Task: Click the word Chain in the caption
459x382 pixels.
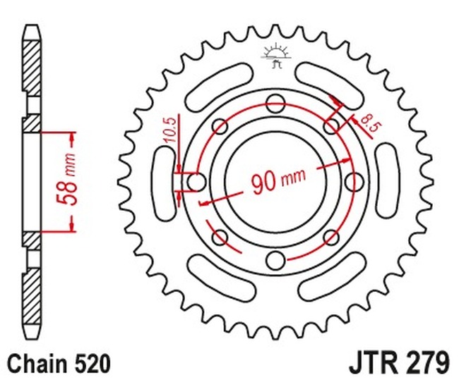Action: tap(34, 364)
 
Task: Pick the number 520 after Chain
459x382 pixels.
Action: tap(92, 364)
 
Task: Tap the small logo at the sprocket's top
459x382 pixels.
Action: tap(275, 54)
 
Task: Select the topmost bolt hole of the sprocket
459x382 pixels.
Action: tap(275, 101)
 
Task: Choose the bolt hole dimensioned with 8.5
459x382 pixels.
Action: tap(332, 126)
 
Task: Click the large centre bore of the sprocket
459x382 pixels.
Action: tap(275, 182)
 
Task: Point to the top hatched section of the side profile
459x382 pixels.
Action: tap(32, 63)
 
